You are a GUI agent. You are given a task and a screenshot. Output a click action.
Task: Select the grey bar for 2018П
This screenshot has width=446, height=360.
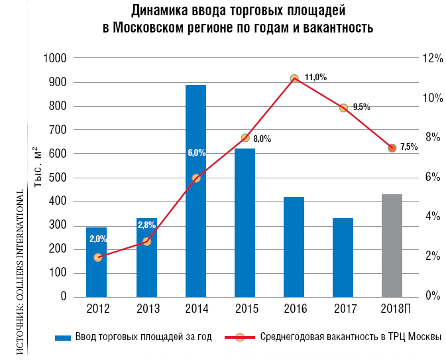pyautogui.click(x=392, y=245)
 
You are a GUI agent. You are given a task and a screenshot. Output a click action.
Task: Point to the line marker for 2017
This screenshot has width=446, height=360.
pyautogui.click(x=343, y=107)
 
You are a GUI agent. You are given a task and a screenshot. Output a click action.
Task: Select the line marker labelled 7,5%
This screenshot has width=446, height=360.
pyautogui.click(x=392, y=148)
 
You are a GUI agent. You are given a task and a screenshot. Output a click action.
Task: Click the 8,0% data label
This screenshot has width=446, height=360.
pyautogui.click(x=262, y=139)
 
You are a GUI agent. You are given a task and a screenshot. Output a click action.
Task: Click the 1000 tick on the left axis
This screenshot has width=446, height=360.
pyautogui.click(x=56, y=58)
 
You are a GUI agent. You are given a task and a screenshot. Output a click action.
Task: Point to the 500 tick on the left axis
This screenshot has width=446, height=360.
pyautogui.click(x=59, y=178)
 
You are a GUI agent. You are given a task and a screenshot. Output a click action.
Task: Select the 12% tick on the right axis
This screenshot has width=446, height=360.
pyautogui.click(x=431, y=58)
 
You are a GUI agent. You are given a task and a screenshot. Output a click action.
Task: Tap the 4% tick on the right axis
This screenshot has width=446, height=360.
pyautogui.click(x=429, y=217)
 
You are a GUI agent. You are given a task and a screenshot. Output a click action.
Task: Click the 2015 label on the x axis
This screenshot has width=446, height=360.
pyautogui.click(x=245, y=309)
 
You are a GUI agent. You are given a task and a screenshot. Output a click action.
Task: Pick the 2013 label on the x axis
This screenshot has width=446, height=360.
pyautogui.click(x=147, y=309)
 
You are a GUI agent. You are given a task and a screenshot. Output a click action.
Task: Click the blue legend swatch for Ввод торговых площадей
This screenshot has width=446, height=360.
pyautogui.click(x=63, y=337)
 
